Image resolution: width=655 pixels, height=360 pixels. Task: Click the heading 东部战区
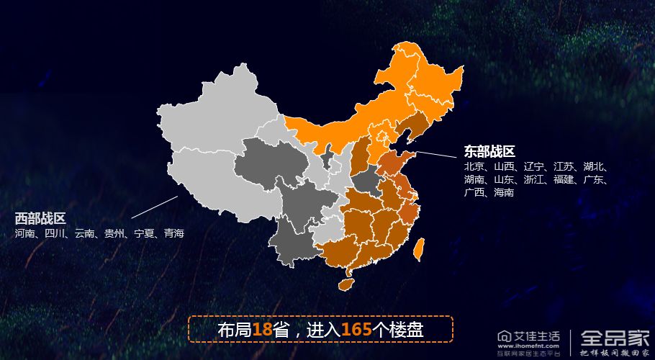[x=489, y=151]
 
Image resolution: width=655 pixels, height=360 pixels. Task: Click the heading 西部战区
[x=40, y=218]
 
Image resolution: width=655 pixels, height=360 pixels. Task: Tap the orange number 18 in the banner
[x=263, y=330]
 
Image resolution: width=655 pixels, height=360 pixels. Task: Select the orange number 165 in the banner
[x=356, y=330]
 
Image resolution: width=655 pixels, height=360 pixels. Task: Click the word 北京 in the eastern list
[x=474, y=166]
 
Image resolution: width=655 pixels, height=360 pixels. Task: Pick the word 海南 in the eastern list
[x=504, y=193]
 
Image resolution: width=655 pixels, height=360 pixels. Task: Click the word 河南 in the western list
[x=25, y=233]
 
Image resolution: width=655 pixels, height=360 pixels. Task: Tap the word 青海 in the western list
[x=174, y=233]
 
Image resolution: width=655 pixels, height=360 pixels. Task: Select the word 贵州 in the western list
[x=114, y=233]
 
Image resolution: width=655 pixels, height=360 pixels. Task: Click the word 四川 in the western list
[x=55, y=233]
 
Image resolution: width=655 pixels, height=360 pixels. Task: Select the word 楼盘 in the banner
[x=407, y=330]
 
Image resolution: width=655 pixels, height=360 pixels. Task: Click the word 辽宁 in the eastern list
[x=534, y=166]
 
